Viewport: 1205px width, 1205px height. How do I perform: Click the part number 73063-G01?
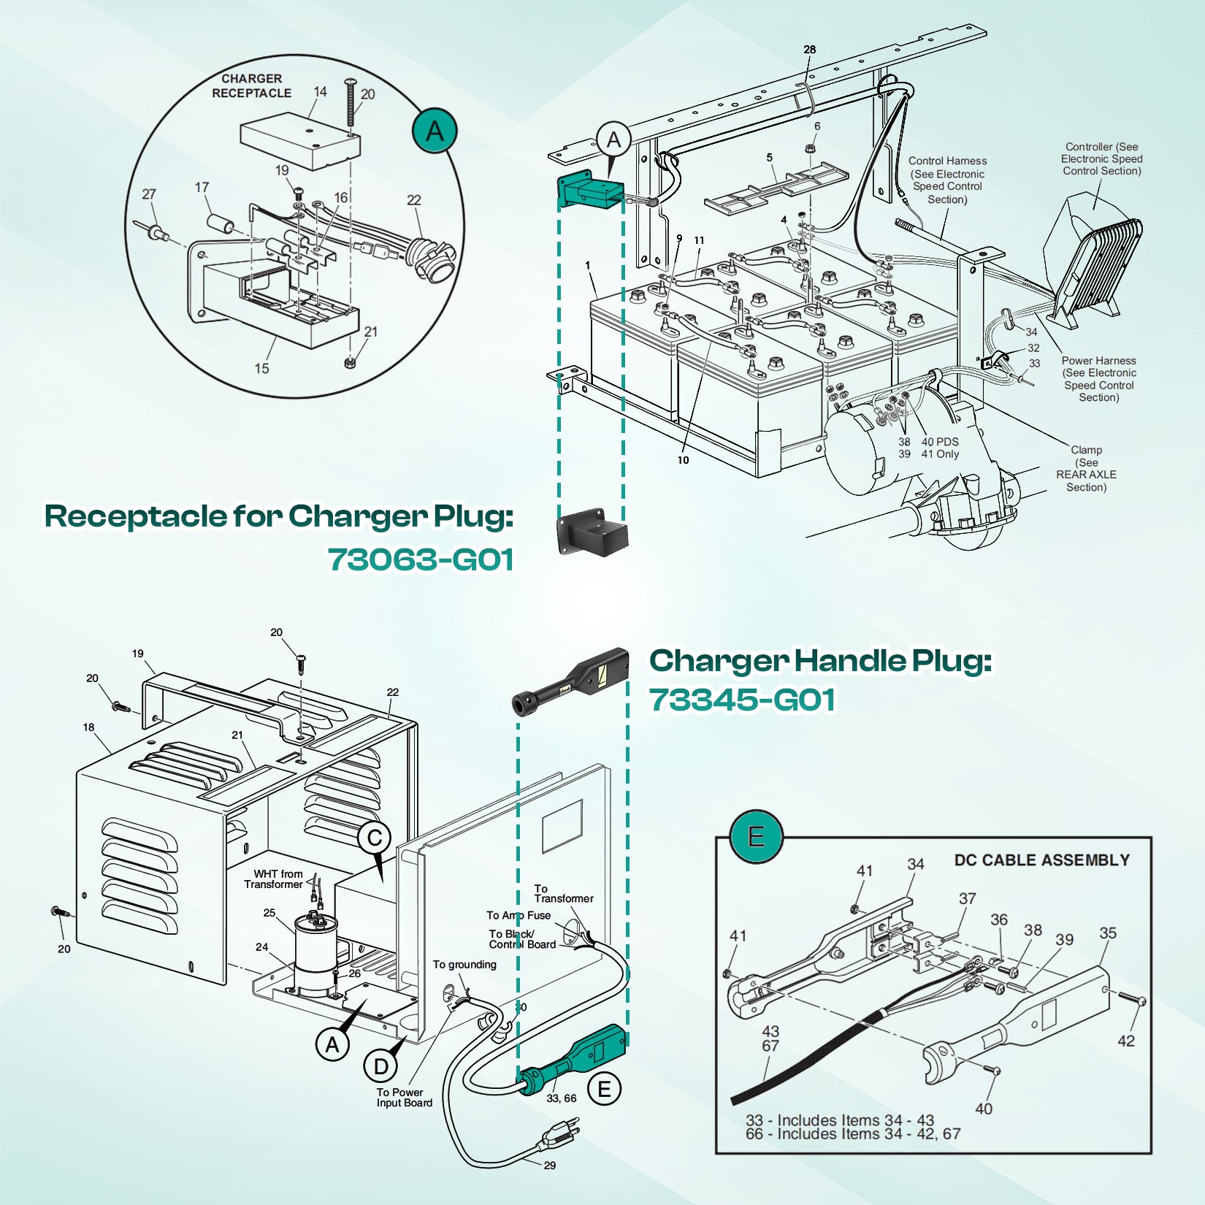click(x=421, y=560)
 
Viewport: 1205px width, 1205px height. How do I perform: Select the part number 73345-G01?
click(x=742, y=700)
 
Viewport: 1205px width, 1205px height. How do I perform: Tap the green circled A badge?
click(x=435, y=131)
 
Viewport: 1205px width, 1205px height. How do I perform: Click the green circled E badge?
click(x=756, y=836)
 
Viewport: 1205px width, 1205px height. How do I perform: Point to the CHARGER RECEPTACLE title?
click(x=251, y=85)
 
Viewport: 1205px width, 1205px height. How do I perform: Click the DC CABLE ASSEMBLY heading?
click(x=1041, y=860)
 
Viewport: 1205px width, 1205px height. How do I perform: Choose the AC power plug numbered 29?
click(x=559, y=1133)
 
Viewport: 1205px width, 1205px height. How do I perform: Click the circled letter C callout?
click(x=375, y=838)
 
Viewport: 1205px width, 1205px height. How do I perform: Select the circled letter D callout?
click(x=380, y=1067)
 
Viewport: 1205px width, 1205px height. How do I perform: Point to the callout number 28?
click(x=809, y=50)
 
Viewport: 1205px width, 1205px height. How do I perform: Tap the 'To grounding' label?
click(x=464, y=965)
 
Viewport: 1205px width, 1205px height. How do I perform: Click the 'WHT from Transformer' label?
click(x=274, y=879)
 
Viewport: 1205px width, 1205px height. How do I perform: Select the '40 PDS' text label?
click(x=940, y=442)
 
